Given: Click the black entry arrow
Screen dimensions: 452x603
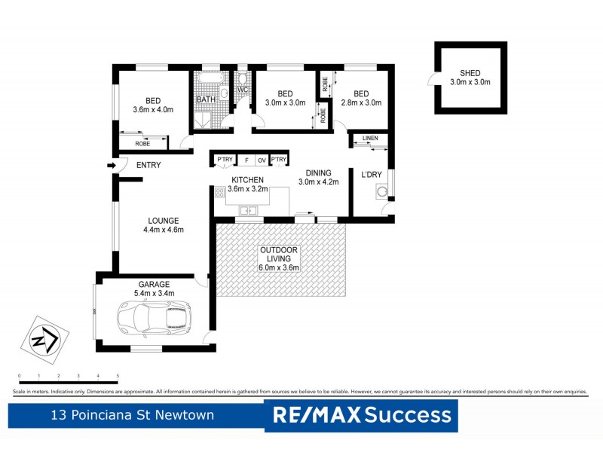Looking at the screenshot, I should pos(112,166).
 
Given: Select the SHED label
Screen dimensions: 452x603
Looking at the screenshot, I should pos(470,73).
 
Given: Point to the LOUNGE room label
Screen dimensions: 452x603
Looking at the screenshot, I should pos(163,221).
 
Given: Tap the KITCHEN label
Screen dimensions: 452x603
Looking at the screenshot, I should pos(247,180).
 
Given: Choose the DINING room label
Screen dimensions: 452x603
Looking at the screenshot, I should pos(319,173).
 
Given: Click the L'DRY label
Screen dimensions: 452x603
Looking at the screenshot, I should pos(372,175).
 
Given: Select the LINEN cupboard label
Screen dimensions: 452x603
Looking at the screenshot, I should pos(370,139).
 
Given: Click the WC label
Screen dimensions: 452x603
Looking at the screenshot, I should pos(243,91).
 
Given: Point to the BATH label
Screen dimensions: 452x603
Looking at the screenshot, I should pos(206,99).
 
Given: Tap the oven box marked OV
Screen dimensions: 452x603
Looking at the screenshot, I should pos(262,160).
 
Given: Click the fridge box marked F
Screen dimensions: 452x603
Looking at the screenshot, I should pos(245,160).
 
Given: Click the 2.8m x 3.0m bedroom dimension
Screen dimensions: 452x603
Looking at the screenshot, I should pos(361,102).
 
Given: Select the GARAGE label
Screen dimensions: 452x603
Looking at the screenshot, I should pos(153,284).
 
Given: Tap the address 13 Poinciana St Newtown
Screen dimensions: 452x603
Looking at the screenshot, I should pos(132,414).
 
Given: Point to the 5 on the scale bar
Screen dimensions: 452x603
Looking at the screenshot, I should pos(118,375).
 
